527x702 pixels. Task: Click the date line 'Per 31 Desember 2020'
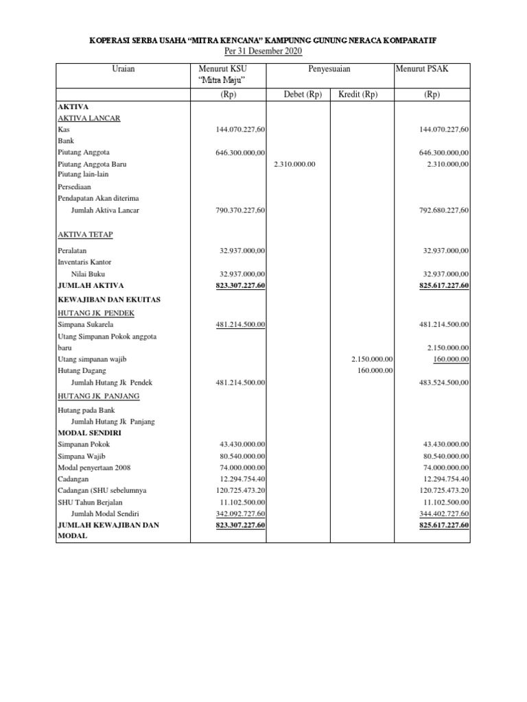263,52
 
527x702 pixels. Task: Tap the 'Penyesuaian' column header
330,69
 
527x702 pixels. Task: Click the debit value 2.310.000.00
294,165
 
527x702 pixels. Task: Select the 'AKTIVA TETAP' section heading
86,234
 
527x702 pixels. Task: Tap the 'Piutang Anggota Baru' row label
92,165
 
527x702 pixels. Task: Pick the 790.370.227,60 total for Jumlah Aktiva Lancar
241,210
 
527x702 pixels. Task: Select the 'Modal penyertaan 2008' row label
94,467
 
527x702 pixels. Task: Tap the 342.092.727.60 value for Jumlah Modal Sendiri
241,513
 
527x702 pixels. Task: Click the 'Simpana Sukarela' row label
86,324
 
